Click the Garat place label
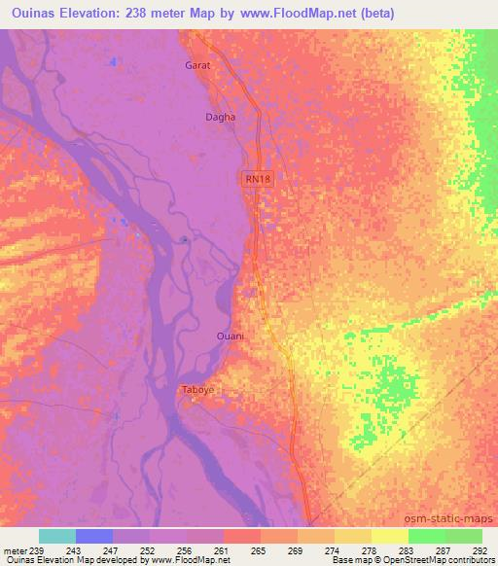click(197, 66)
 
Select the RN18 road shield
click(255, 179)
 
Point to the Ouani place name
click(230, 336)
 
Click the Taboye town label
click(197, 390)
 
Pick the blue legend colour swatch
click(94, 536)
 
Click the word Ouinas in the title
click(32, 13)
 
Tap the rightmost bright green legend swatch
click(464, 536)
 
